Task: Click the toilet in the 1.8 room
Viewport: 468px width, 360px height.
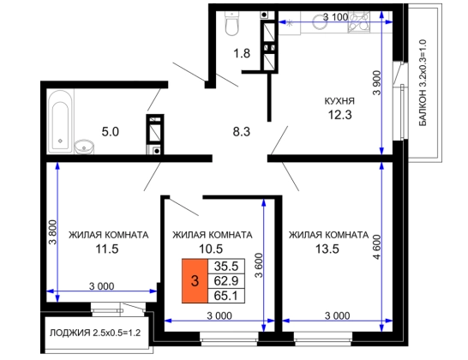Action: pyautogui.click(x=232, y=24)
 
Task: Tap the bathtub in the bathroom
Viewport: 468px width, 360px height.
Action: pyautogui.click(x=60, y=122)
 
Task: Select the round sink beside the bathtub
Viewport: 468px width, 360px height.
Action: pyautogui.click(x=84, y=147)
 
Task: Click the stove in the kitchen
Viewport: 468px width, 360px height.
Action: pyautogui.click(x=358, y=21)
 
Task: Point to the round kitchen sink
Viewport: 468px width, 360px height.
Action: pyautogui.click(x=321, y=21)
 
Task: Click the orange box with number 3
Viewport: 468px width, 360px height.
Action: pyautogui.click(x=195, y=281)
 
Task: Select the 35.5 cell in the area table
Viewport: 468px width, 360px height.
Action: pyautogui.click(x=226, y=266)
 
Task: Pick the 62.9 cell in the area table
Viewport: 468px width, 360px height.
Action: pyautogui.click(x=226, y=281)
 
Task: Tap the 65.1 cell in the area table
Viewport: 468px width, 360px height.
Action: pyautogui.click(x=226, y=296)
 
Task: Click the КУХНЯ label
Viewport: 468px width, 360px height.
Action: pyautogui.click(x=339, y=101)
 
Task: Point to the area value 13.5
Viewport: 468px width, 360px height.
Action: pyautogui.click(x=327, y=249)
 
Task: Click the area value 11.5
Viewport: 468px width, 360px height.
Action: pyautogui.click(x=107, y=249)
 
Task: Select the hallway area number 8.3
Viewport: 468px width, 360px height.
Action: pyautogui.click(x=242, y=132)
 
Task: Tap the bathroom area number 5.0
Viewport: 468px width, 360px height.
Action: pyautogui.click(x=110, y=132)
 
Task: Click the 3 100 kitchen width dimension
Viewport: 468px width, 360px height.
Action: pyautogui.click(x=335, y=17)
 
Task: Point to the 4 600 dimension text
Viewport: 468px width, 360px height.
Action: pyautogui.click(x=377, y=247)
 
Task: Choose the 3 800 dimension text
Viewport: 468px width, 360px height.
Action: pyautogui.click(x=52, y=232)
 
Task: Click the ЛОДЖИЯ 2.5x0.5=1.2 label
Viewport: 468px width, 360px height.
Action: pyautogui.click(x=95, y=333)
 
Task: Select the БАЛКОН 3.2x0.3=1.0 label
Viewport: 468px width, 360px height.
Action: pyautogui.click(x=423, y=82)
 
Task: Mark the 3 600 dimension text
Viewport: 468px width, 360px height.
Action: pyautogui.click(x=259, y=266)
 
